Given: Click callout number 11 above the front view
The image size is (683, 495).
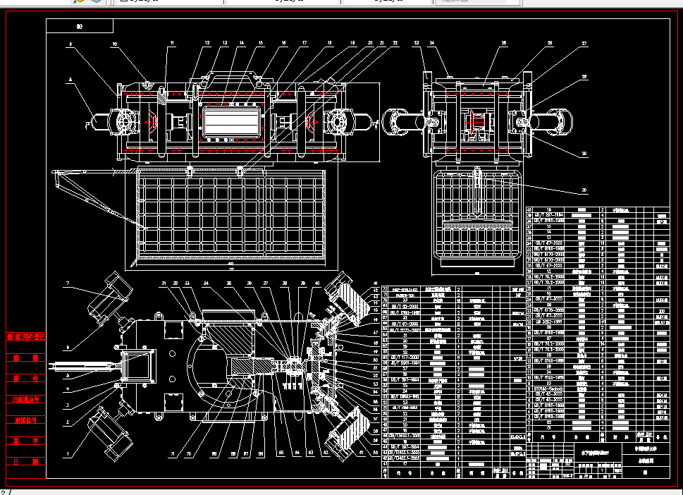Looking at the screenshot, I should point(171,44).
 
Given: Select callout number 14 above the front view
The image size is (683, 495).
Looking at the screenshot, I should point(242,44).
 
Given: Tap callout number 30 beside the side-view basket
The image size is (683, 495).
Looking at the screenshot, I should point(584,190).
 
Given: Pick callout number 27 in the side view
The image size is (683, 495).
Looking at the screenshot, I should point(584,44).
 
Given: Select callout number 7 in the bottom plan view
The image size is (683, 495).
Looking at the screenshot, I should point(68,283).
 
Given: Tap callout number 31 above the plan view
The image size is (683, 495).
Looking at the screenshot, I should point(164,283).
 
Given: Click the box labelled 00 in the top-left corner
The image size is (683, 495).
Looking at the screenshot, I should point(80,26).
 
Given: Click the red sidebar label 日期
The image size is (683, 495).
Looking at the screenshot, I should point(25,462).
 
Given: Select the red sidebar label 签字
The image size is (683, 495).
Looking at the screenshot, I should point(25,441).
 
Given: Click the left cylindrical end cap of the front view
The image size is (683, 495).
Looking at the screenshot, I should point(99,123).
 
